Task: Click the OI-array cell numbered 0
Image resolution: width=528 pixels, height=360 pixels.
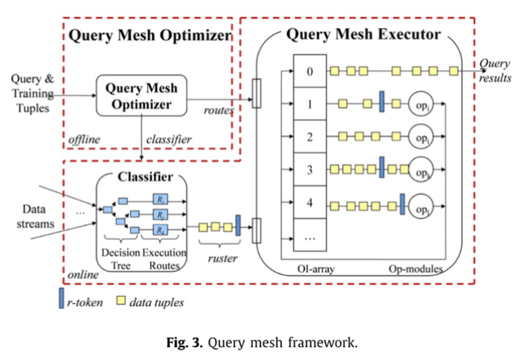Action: [x=310, y=71]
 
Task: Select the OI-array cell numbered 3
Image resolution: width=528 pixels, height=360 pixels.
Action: [x=310, y=170]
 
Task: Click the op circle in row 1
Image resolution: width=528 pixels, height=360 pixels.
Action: [x=421, y=104]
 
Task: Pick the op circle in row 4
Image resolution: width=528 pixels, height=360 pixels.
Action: [x=421, y=207]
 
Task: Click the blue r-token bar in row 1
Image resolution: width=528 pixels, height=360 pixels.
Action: [x=382, y=102]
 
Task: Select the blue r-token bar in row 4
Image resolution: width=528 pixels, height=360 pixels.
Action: [x=402, y=204]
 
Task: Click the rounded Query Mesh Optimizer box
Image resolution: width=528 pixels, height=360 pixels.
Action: [x=141, y=96]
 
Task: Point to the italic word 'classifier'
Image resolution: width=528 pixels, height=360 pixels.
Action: [x=169, y=140]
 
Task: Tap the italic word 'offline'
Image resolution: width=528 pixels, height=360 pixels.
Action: [x=84, y=140]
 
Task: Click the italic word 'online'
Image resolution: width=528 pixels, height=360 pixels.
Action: [x=83, y=275]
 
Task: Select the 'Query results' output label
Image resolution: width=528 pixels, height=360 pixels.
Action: [x=495, y=70]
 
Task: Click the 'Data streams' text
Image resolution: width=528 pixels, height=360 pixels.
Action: [x=35, y=216]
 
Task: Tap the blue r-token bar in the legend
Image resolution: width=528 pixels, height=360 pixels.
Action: [x=61, y=298]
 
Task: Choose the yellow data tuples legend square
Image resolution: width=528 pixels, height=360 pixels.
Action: [x=121, y=300]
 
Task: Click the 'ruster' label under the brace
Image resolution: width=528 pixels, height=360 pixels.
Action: [x=222, y=258]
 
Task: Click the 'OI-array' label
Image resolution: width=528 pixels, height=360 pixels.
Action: [x=316, y=269]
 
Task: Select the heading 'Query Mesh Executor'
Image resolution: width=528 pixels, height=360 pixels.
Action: [x=363, y=35]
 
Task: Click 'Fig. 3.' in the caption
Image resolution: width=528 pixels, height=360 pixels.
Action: [x=184, y=343]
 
